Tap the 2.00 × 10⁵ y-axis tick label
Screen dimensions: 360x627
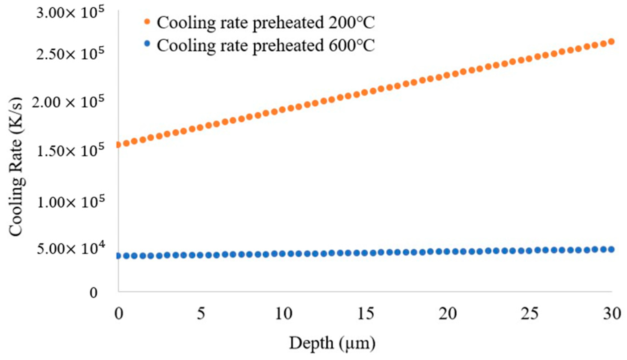pyautogui.click(x=68, y=103)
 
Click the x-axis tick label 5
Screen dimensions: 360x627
pyautogui.click(x=201, y=314)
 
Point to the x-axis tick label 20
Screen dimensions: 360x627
pyautogui.click(x=448, y=314)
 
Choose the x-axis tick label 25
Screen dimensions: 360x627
pyautogui.click(x=529, y=314)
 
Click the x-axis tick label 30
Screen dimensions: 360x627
pyautogui.click(x=612, y=314)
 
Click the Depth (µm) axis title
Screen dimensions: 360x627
pyautogui.click(x=332, y=343)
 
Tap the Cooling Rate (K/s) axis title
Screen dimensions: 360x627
pyautogui.click(x=16, y=167)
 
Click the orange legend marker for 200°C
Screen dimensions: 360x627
pyautogui.click(x=147, y=21)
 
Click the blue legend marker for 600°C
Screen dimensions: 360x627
pyautogui.click(x=147, y=44)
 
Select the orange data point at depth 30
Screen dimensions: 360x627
pyautogui.click(x=611, y=42)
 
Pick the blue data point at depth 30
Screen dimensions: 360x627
pyautogui.click(x=611, y=249)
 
